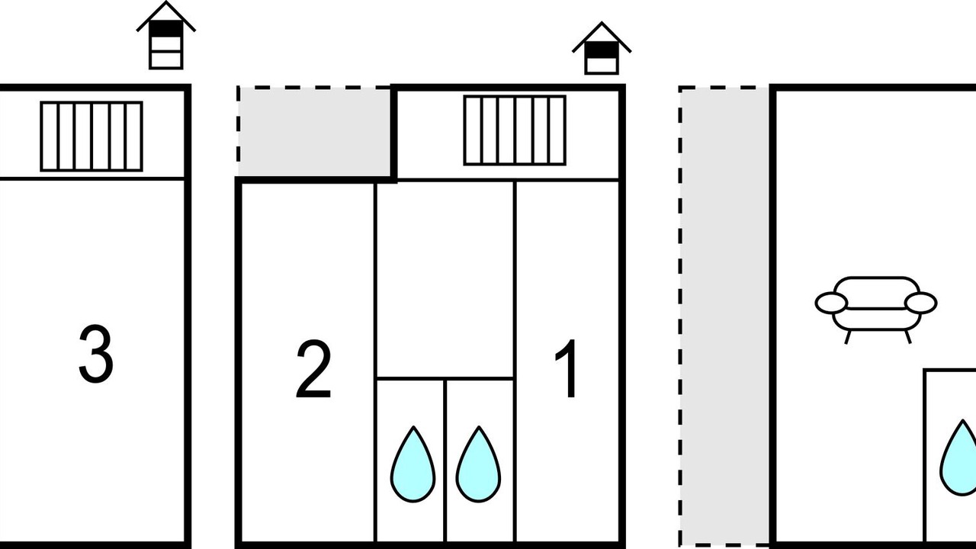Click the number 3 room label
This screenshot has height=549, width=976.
96,354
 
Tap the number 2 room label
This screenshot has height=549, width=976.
313,369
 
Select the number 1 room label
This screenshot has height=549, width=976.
567,368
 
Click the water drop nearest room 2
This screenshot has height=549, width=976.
413,464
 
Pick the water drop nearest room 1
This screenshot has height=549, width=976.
478,464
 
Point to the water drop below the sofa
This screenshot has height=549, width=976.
958,457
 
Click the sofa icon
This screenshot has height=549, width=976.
876,310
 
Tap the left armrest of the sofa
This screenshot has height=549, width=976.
831,303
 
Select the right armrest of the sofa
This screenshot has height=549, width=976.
920,303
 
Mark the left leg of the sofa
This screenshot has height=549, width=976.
848,337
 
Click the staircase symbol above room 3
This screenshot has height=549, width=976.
91,136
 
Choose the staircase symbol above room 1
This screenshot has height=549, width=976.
515,130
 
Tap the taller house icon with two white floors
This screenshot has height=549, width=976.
166,35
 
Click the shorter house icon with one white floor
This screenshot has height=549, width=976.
602,48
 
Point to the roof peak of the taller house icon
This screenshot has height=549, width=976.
166,2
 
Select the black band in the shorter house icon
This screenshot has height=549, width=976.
602,50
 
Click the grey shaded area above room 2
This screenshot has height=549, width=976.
315,132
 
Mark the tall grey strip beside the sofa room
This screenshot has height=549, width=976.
725,316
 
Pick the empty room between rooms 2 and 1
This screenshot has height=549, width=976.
445,279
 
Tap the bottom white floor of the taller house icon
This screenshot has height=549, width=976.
166,60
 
